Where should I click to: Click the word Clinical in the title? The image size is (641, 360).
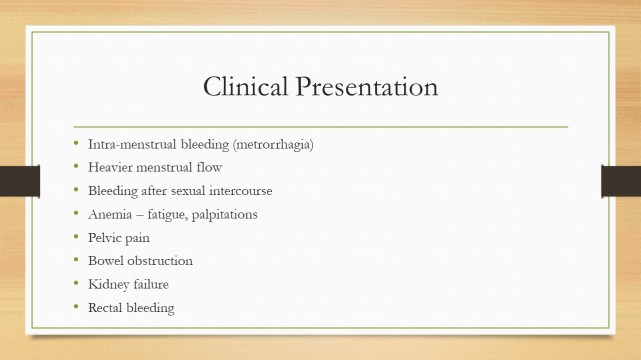coord(245,87)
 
